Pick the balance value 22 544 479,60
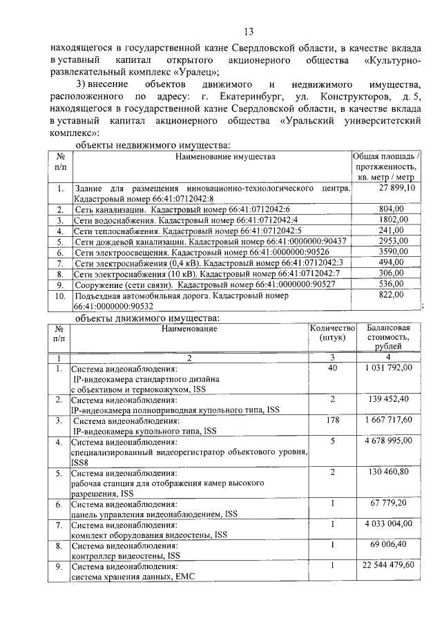(388, 564)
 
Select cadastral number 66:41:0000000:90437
(291, 241)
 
